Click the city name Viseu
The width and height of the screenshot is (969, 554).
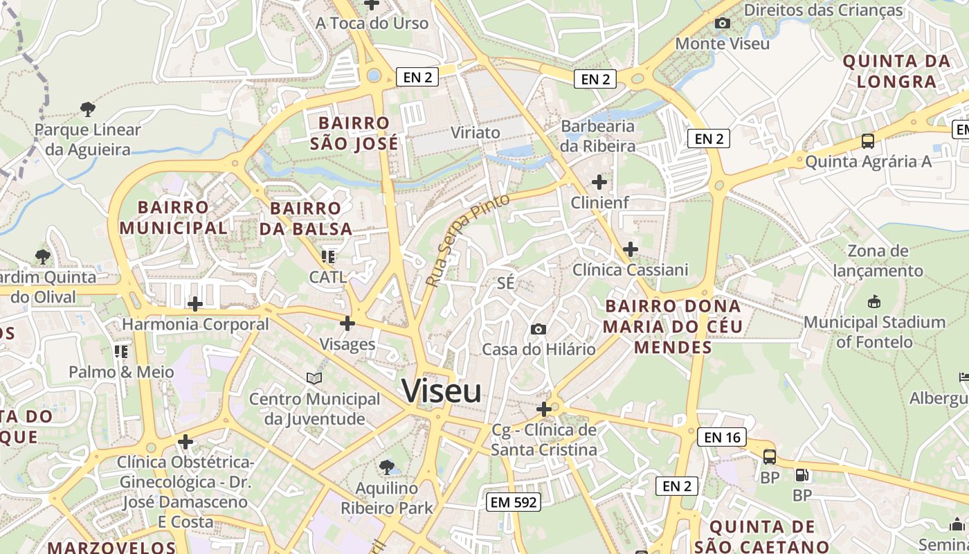[442, 391]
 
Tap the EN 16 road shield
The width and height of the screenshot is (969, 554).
[723, 437]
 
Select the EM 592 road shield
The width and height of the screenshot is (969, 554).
[513, 502]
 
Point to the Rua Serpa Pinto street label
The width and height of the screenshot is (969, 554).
[467, 240]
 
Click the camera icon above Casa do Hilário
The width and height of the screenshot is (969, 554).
[538, 329]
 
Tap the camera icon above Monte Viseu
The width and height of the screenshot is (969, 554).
[722, 24]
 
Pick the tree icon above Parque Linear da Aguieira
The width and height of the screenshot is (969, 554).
[87, 109]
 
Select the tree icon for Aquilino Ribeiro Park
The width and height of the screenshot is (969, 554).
[386, 467]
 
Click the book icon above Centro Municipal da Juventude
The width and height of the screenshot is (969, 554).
[314, 378]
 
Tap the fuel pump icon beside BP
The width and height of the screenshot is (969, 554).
[802, 475]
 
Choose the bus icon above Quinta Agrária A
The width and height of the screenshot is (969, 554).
[868, 141]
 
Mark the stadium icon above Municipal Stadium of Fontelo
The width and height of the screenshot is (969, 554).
[874, 302]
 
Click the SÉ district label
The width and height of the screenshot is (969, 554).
[506, 283]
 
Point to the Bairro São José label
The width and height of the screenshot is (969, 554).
[354, 133]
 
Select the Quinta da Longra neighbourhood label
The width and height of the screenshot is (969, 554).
[896, 71]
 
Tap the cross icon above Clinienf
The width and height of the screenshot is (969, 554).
[599, 182]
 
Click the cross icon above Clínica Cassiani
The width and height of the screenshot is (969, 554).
[631, 249]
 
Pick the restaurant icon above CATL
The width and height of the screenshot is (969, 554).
[328, 257]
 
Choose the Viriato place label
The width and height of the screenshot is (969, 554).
[475, 132]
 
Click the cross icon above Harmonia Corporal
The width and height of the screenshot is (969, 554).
[195, 303]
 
